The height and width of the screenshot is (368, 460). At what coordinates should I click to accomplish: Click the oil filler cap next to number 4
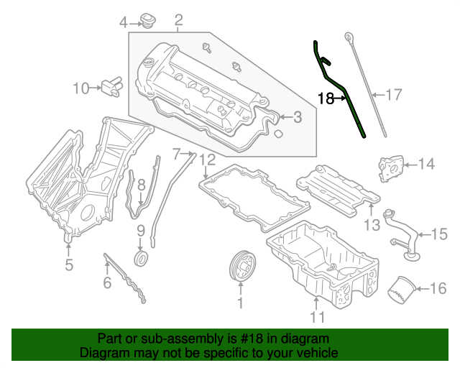coord(149,21)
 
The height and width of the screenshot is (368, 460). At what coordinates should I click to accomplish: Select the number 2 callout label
coord(178,19)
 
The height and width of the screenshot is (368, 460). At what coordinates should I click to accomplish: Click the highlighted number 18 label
coord(326,98)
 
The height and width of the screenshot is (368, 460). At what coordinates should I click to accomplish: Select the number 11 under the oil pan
coord(318,316)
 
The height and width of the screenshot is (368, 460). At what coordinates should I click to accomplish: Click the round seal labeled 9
coord(142,257)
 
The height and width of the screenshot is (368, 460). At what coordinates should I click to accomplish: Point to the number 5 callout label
coord(69,265)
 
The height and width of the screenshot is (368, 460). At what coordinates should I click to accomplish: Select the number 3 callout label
coord(297,117)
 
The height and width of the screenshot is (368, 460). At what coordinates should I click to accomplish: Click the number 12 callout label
coord(207,160)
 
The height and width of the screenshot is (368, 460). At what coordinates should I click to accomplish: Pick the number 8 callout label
coord(142,185)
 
